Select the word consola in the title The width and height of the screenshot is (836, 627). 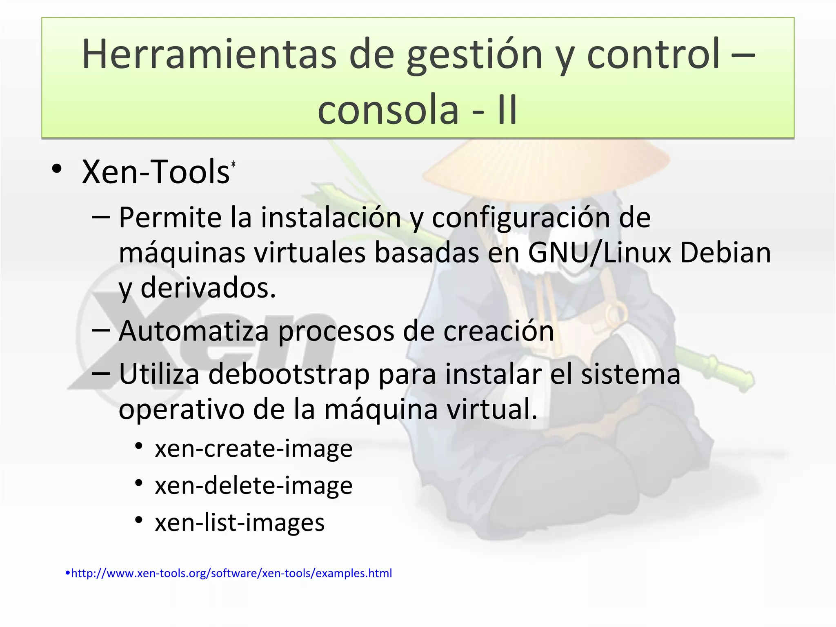388,110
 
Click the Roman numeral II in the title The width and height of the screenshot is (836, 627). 507,110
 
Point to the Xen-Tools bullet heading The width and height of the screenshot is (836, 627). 156,172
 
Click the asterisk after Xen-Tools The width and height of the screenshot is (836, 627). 233,164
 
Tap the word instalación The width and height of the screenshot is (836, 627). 331,218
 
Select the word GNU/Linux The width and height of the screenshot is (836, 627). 600,253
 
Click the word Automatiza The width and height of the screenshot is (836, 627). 193,331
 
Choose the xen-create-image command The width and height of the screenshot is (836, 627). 253,449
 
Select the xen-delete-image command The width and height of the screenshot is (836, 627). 253,485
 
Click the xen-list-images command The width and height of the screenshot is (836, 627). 240,522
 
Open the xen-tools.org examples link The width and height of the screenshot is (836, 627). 231,573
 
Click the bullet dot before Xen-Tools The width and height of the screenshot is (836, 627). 57,169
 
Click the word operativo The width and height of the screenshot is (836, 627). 181,409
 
